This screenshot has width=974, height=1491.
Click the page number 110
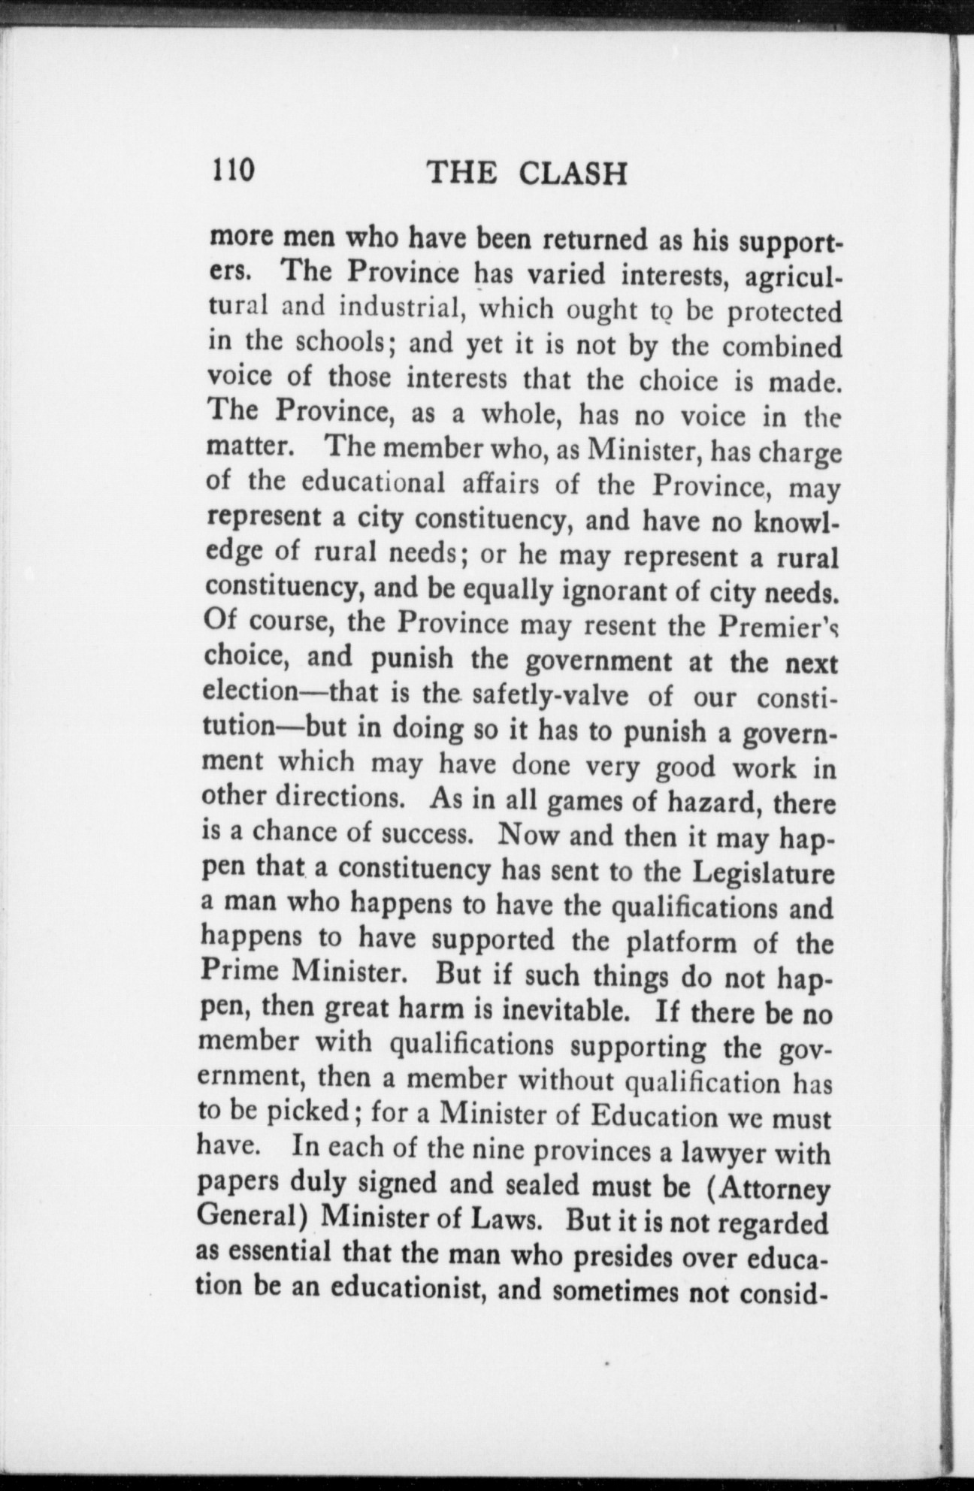234,172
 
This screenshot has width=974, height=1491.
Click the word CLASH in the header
573,174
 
